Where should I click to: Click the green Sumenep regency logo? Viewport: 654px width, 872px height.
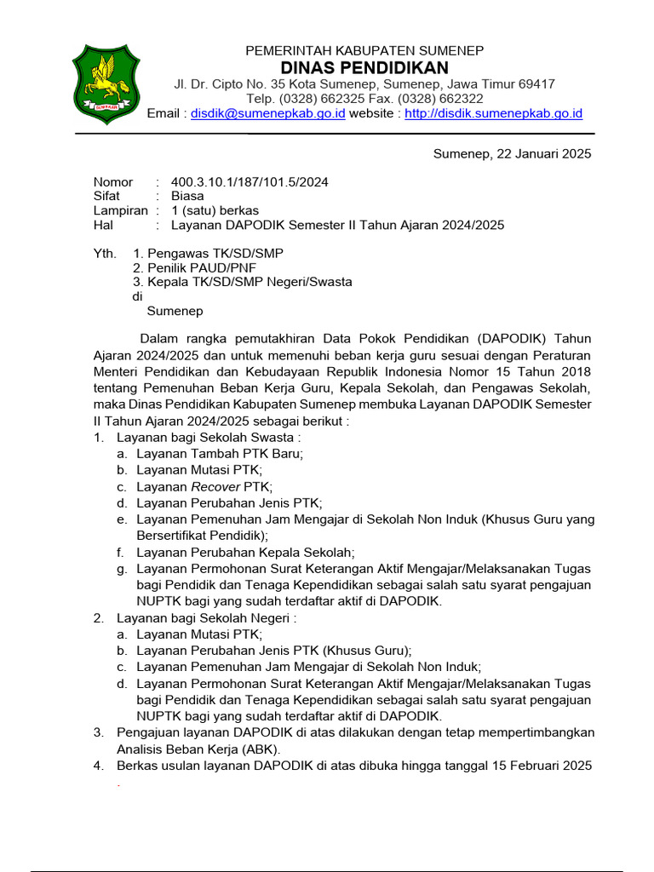pos(106,84)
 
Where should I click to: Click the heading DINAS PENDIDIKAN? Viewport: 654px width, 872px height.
pos(364,67)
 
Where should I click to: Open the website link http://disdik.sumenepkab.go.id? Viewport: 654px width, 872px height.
pos(493,113)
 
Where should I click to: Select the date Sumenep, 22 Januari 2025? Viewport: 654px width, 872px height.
pos(512,154)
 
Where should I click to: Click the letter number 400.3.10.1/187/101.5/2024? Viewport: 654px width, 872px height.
pos(250,182)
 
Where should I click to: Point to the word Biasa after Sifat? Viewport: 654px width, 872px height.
pos(187,196)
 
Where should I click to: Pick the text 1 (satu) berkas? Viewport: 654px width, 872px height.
pos(215,210)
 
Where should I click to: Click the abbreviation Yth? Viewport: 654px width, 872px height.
pos(105,254)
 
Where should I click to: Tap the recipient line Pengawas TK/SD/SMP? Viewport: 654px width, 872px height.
pos(215,254)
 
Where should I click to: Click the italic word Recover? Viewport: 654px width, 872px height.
pos(216,487)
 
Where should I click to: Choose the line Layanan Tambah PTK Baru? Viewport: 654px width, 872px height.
pos(220,454)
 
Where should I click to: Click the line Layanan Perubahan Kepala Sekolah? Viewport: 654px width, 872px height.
pos(246,552)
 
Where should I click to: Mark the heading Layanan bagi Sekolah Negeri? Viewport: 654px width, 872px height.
pos(206,617)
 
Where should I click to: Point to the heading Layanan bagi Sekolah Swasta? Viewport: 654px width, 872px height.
pos(208,438)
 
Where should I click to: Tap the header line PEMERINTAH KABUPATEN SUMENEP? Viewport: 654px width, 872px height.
pos(364,51)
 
